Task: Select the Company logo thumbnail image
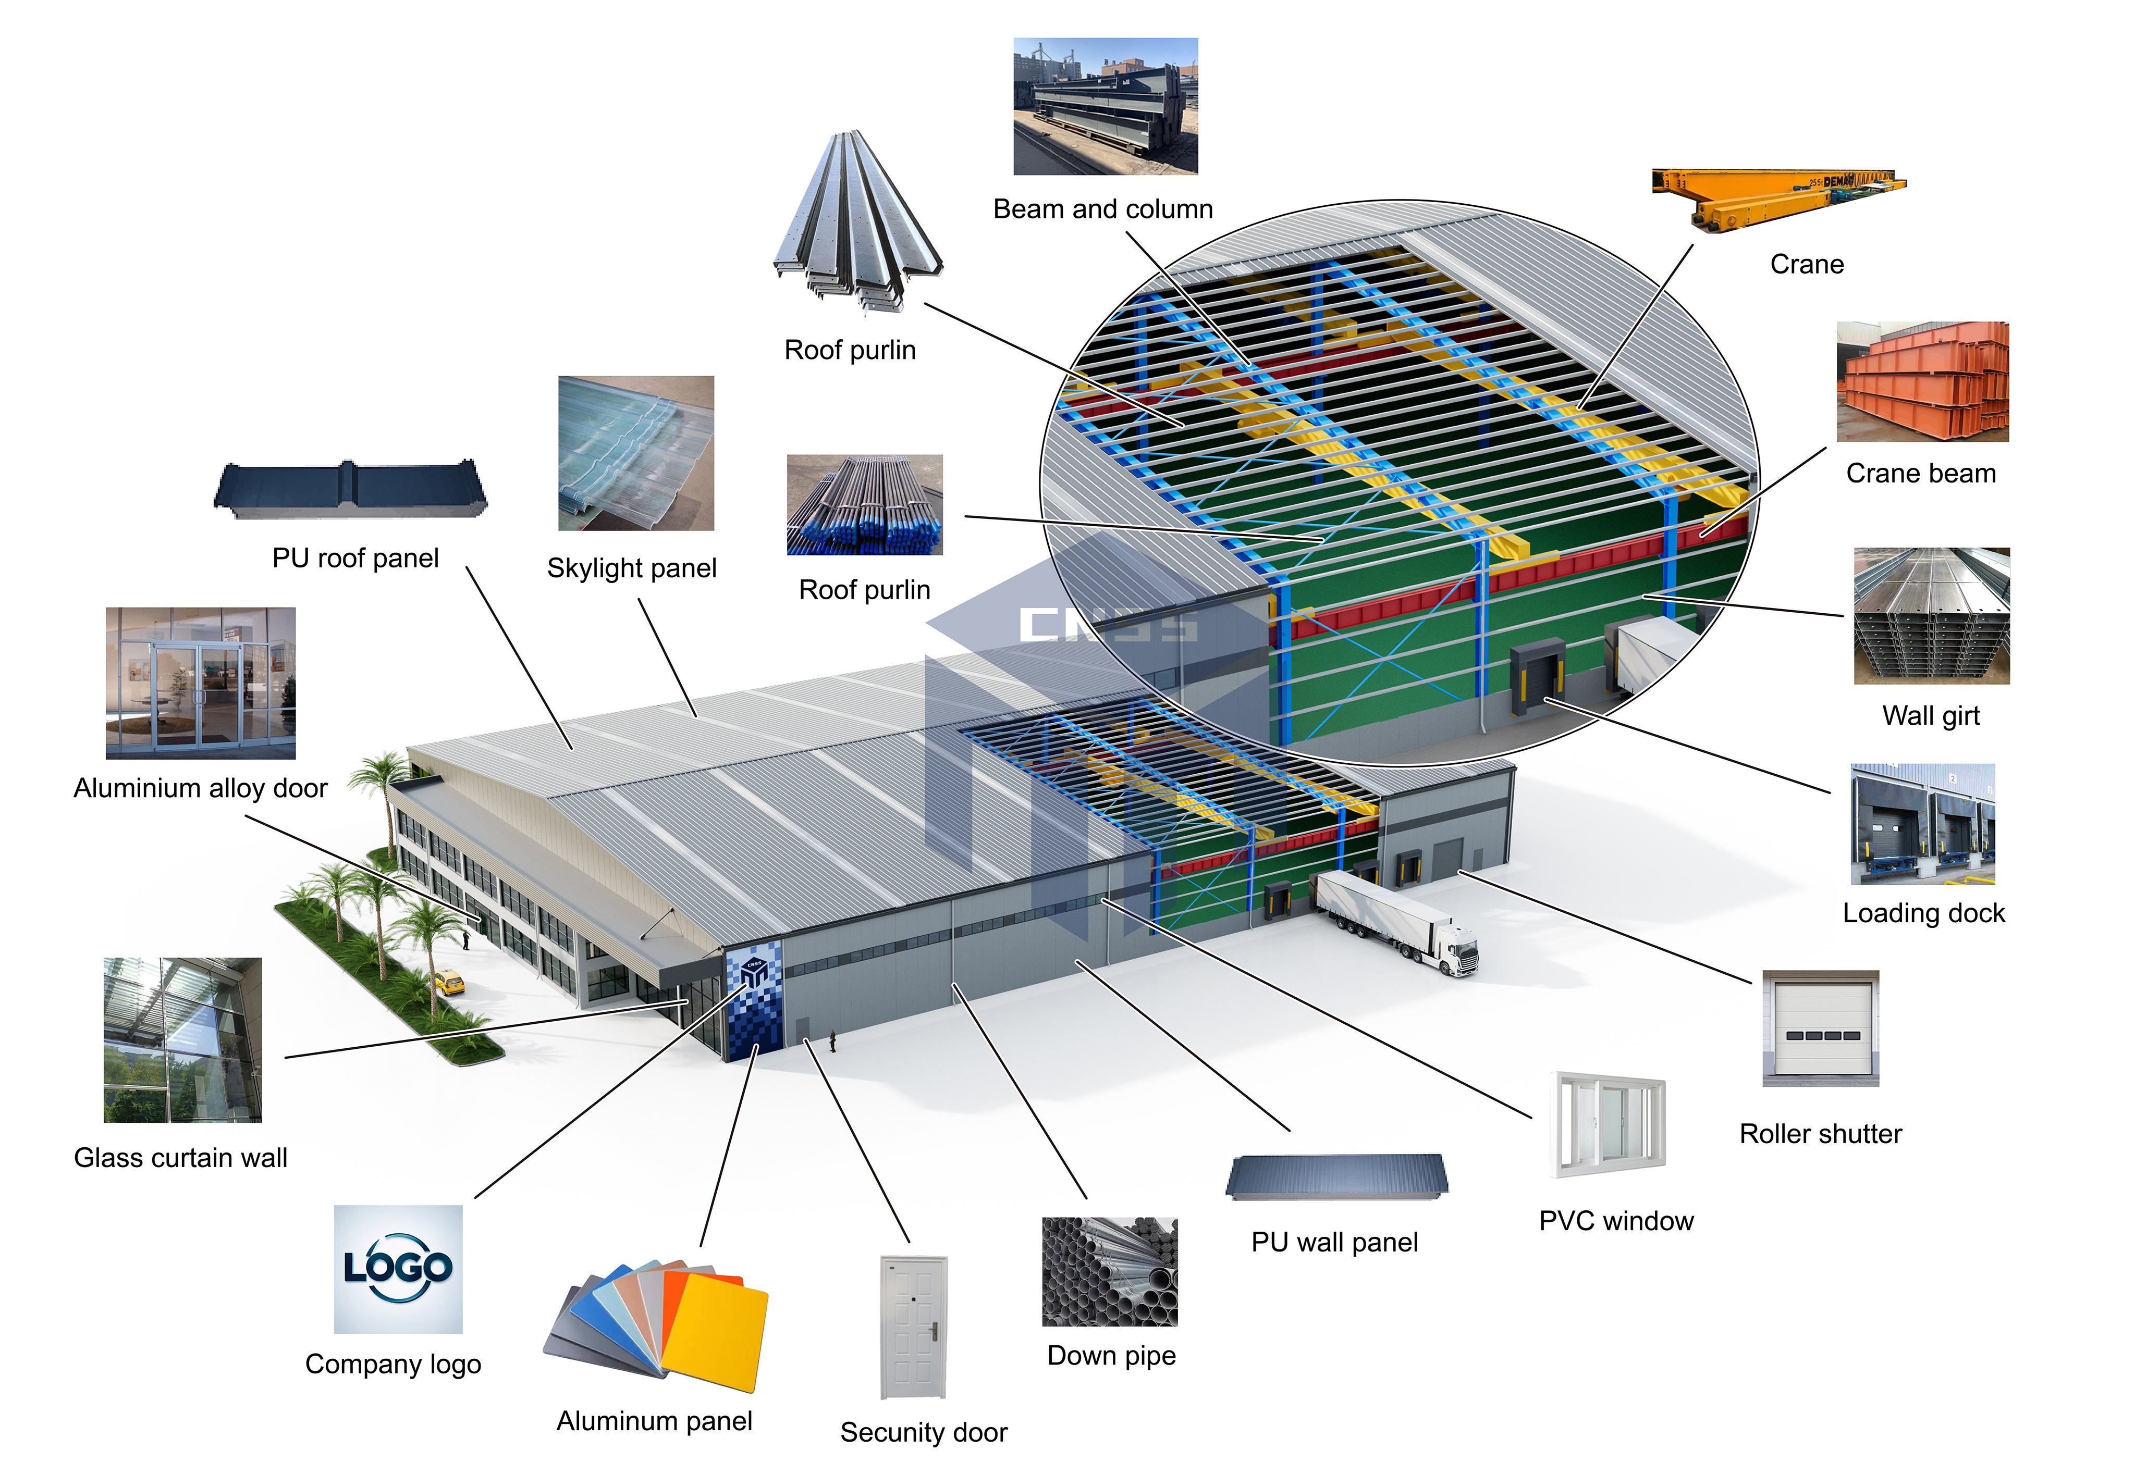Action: pyautogui.click(x=398, y=1268)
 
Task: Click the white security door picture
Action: pyautogui.click(x=914, y=1326)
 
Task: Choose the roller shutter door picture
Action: pyautogui.click(x=1820, y=1027)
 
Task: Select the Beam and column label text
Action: pyautogui.click(x=1102, y=210)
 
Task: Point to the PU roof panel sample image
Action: pyautogui.click(x=350, y=488)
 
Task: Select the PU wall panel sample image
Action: pyautogui.click(x=1336, y=1176)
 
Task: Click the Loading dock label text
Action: pyautogui.click(x=1923, y=913)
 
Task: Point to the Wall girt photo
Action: pyautogui.click(x=1931, y=615)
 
